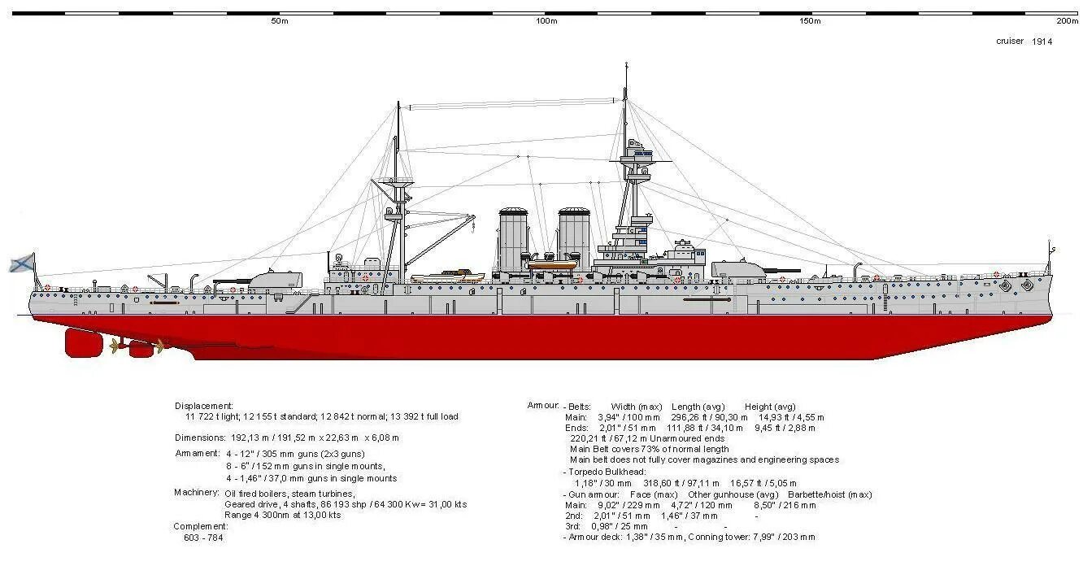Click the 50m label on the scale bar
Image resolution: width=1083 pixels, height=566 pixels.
[279, 21]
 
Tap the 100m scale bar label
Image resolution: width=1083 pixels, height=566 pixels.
[546, 21]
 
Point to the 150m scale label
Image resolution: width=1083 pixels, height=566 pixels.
[810, 21]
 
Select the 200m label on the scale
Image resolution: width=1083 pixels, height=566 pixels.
[1067, 21]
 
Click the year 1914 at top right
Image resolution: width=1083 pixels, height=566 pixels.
[1042, 41]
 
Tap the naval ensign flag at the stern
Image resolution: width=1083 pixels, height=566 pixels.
[22, 263]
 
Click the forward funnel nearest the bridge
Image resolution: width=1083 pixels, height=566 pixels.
[574, 236]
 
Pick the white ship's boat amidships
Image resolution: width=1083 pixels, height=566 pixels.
[446, 277]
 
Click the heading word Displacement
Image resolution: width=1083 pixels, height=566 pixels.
[204, 406]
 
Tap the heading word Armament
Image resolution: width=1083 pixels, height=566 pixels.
[198, 453]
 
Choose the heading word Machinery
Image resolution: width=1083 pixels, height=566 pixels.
[196, 493]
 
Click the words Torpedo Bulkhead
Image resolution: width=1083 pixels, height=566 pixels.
[606, 472]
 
